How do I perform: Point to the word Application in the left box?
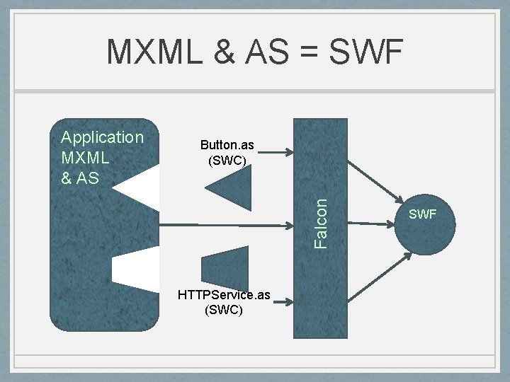tap(102, 137)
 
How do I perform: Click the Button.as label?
tap(227, 145)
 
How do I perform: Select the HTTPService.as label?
tap(224, 295)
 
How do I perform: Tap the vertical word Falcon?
tap(321, 223)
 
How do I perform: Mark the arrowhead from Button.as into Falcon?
tap(288, 151)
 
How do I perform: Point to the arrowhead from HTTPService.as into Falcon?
tap(288, 303)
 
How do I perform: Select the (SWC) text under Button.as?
tap(227, 161)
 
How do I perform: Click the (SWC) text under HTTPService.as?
tap(224, 310)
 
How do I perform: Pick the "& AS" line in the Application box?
tap(79, 178)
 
